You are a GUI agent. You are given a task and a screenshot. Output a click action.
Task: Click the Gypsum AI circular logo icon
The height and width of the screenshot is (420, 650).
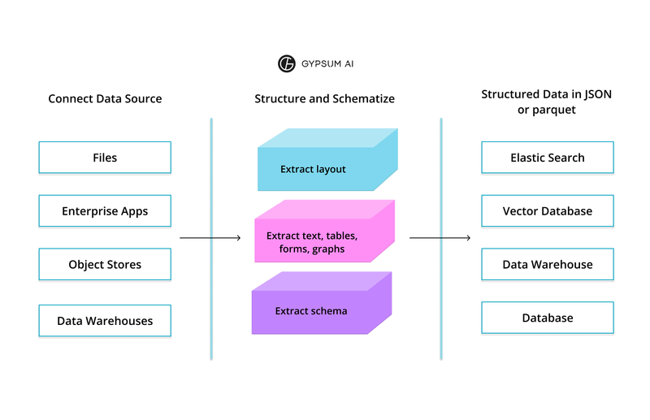[x=286, y=63]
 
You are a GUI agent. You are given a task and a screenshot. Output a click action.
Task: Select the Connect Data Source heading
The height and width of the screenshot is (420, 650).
[x=105, y=99]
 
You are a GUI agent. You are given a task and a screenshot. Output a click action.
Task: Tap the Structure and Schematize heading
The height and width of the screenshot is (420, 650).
[x=324, y=99]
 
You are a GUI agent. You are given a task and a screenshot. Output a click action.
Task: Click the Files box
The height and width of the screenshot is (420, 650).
[x=105, y=158]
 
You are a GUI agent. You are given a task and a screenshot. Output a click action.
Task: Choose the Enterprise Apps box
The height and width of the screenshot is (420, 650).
[x=105, y=211]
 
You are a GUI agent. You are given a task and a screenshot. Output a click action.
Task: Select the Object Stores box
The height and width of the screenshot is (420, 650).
[x=105, y=265]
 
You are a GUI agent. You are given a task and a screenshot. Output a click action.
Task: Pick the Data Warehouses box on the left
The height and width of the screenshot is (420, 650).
[x=105, y=321]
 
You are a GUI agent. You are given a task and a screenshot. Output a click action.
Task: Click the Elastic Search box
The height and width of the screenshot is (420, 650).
[x=547, y=158]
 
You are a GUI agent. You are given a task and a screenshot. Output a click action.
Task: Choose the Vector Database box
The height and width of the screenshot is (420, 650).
[x=547, y=211]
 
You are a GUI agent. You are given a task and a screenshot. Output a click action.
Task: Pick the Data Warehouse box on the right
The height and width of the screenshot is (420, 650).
[x=547, y=265]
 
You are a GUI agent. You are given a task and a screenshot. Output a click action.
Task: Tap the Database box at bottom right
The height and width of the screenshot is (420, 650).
[x=547, y=318]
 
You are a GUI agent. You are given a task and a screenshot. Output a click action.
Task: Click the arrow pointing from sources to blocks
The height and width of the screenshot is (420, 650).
[x=210, y=238]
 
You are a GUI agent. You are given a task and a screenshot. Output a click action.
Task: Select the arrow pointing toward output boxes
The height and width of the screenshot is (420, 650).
[x=440, y=238]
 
